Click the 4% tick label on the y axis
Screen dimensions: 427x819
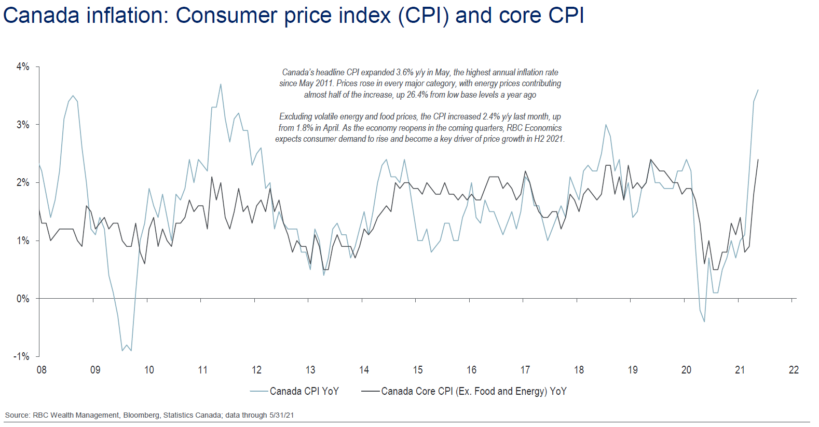click(23, 66)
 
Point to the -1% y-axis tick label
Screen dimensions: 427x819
click(22, 356)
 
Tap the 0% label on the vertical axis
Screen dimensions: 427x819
click(23, 299)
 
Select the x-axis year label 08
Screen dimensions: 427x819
click(42, 370)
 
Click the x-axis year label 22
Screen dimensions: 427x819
click(794, 370)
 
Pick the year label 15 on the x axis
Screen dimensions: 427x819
click(418, 370)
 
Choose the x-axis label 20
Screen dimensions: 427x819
click(686, 370)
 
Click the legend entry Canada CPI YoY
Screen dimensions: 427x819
click(304, 391)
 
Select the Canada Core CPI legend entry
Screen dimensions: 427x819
click(473, 391)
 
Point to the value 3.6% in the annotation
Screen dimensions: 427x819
click(405, 73)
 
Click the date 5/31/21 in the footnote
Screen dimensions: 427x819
click(281, 415)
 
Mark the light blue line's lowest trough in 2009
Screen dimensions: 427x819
click(131, 351)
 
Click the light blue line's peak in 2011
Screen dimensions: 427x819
click(221, 84)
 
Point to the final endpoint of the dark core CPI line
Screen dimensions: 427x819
click(758, 159)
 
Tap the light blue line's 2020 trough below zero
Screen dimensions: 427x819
click(704, 322)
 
